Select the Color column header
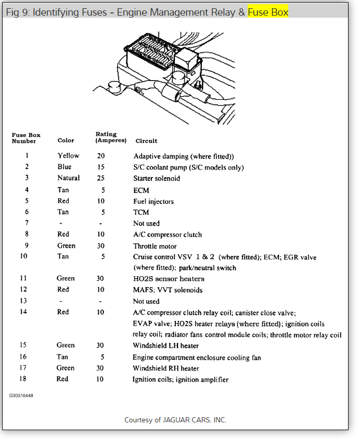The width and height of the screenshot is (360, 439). tap(66, 140)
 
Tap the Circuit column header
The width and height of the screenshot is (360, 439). tap(146, 141)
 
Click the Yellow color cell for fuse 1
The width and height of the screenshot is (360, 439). tap(68, 156)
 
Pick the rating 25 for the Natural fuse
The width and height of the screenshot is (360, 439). tap(100, 178)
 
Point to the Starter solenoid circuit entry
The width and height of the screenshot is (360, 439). tap(157, 178)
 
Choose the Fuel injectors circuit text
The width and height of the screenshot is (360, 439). tap(153, 201)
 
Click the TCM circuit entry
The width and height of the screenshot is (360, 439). tap(141, 212)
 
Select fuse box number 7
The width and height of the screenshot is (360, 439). tap(27, 223)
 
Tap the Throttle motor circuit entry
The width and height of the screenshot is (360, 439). tap(155, 246)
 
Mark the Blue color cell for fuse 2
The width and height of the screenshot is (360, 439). tap(65, 167)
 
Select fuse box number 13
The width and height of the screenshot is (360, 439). tap(23, 301)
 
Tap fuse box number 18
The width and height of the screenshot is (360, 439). tap(23, 379)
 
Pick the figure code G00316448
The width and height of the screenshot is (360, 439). tap(21, 396)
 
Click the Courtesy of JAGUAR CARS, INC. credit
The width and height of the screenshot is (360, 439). tap(175, 420)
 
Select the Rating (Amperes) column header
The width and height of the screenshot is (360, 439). tap(111, 137)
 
